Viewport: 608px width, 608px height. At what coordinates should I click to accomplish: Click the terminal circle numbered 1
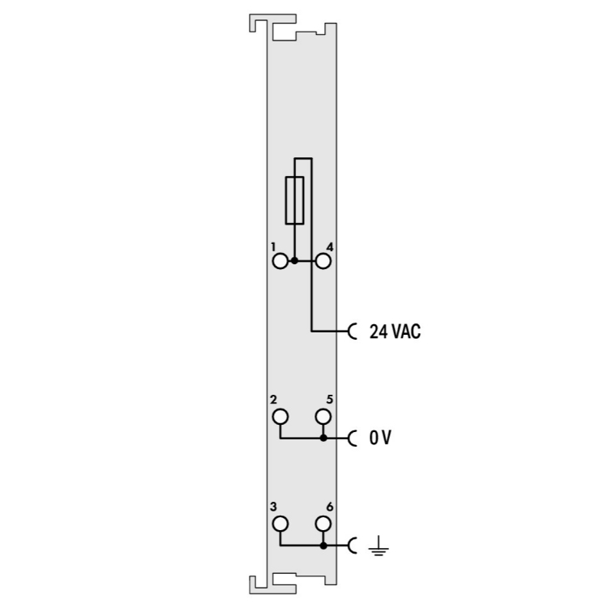coord(280,261)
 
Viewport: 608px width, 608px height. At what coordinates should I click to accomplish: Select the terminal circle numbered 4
coord(323,261)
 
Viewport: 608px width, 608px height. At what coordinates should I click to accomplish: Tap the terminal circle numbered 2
coord(280,417)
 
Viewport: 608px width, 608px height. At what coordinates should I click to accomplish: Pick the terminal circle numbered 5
coord(323,417)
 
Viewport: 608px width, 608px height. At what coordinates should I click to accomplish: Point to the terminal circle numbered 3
coord(280,525)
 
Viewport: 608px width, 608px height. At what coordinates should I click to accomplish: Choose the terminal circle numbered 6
coord(323,525)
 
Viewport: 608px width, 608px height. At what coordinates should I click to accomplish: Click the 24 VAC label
coord(395,332)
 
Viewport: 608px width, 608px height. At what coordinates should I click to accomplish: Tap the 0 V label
coord(380,438)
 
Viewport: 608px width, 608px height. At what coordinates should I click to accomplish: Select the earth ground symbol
coord(379,546)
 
